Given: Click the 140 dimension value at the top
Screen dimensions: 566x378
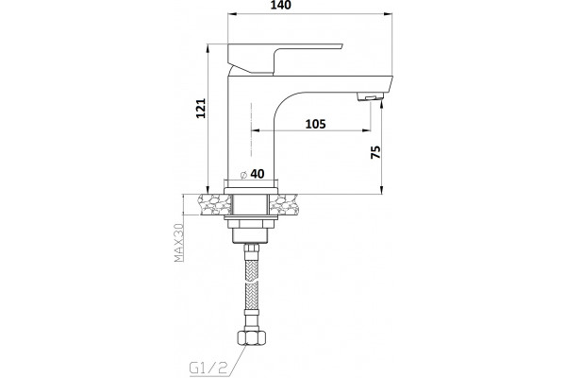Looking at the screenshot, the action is click(x=280, y=5).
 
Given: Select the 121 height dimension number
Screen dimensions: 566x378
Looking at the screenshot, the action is click(x=201, y=108).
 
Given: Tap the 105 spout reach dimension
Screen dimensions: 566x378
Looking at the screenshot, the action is click(x=315, y=124).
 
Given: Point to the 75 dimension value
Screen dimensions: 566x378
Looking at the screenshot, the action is click(x=375, y=152).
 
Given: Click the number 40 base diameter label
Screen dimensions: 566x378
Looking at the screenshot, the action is click(x=257, y=174).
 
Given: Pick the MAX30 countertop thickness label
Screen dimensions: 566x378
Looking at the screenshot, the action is click(x=178, y=243).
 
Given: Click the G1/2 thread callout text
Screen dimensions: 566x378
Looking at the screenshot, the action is click(x=208, y=368).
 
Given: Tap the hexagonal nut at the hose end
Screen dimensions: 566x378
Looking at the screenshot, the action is click(x=251, y=337).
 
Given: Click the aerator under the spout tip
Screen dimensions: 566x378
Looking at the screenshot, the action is click(x=370, y=97).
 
